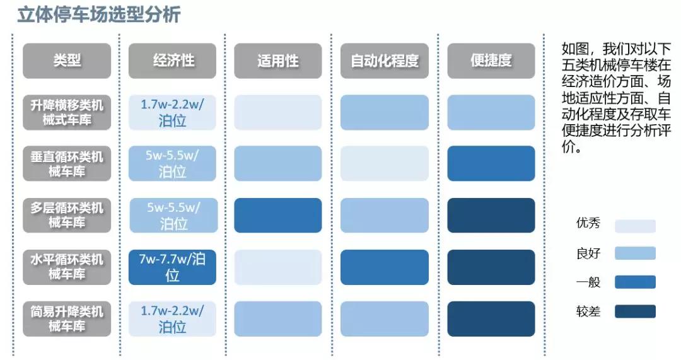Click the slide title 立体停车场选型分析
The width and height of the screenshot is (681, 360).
pyautogui.click(x=98, y=15)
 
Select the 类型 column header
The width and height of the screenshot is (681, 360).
pyautogui.click(x=67, y=61)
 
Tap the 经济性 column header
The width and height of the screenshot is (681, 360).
pyautogui.click(x=172, y=61)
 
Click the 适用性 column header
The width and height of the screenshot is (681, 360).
pyautogui.click(x=277, y=61)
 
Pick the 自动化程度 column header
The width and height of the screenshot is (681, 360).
pyautogui.click(x=384, y=61)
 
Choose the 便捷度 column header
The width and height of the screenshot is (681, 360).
pyautogui.click(x=491, y=61)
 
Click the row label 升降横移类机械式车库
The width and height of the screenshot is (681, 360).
pyautogui.click(x=67, y=113)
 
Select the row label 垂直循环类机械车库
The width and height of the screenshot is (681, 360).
pyautogui.click(x=67, y=164)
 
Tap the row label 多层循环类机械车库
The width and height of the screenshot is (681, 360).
pyautogui.click(x=67, y=216)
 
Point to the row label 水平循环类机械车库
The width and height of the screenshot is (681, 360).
pyautogui.click(x=67, y=267)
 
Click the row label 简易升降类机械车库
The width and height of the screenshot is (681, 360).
pyautogui.click(x=67, y=318)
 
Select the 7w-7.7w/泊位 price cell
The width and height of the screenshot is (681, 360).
pyautogui.click(x=172, y=267)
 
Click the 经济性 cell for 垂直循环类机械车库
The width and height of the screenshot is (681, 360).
pyautogui.click(x=172, y=164)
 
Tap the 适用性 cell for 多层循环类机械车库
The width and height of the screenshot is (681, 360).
pyautogui.click(x=277, y=216)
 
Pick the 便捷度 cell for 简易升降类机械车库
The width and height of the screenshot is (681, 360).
pyautogui.click(x=491, y=318)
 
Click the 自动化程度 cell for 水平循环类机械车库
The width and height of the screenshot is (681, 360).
pyautogui.click(x=384, y=267)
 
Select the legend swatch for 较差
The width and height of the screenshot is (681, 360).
pyautogui.click(x=635, y=311)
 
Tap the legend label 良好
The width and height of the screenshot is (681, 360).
pyautogui.click(x=588, y=253)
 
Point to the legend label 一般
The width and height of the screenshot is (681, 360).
pyautogui.click(x=588, y=282)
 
